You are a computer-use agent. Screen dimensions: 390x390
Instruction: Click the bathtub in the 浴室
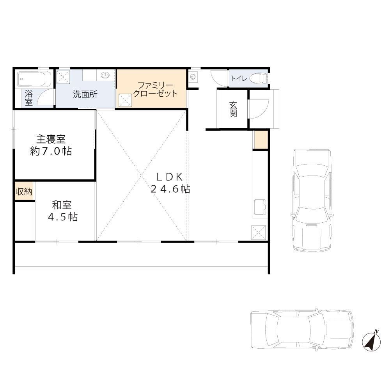point(34,79)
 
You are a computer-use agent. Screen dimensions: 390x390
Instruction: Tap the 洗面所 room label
point(85,94)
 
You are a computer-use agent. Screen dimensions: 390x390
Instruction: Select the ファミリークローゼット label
point(155,90)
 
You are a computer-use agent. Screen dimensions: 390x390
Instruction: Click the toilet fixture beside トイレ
point(259,78)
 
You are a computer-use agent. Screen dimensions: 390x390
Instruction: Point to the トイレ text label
point(239,79)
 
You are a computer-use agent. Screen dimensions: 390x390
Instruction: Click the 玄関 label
point(233,109)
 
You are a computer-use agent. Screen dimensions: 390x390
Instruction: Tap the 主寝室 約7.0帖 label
point(51,145)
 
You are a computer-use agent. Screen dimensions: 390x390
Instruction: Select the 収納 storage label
point(24,191)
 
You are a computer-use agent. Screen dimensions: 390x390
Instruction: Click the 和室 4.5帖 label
point(62,211)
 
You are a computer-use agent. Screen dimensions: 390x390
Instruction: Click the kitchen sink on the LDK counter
point(260,207)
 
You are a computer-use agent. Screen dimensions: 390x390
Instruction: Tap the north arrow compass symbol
point(371,341)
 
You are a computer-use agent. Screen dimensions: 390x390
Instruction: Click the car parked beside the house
point(312,200)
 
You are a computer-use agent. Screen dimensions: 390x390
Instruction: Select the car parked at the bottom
point(302,329)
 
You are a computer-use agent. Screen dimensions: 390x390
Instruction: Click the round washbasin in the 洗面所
point(106,75)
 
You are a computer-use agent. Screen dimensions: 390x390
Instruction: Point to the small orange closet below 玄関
point(261,140)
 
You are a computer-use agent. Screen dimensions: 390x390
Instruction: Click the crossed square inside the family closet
point(125,100)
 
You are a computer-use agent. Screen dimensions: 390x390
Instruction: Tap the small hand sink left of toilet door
point(193,76)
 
